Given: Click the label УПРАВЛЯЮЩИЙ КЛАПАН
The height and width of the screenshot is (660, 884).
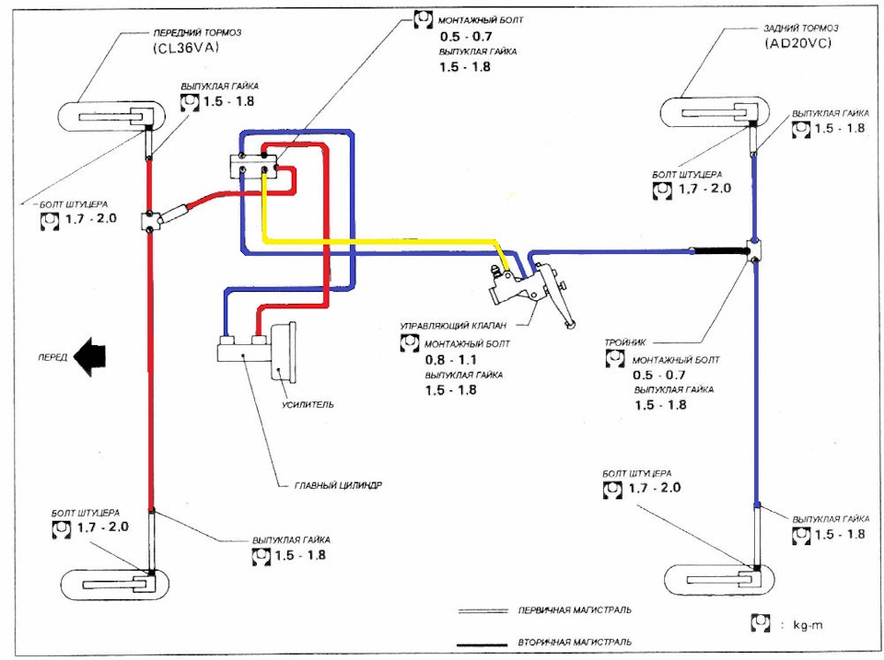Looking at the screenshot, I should tap(450, 326).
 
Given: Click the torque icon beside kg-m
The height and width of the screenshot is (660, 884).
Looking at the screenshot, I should tap(762, 624).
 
